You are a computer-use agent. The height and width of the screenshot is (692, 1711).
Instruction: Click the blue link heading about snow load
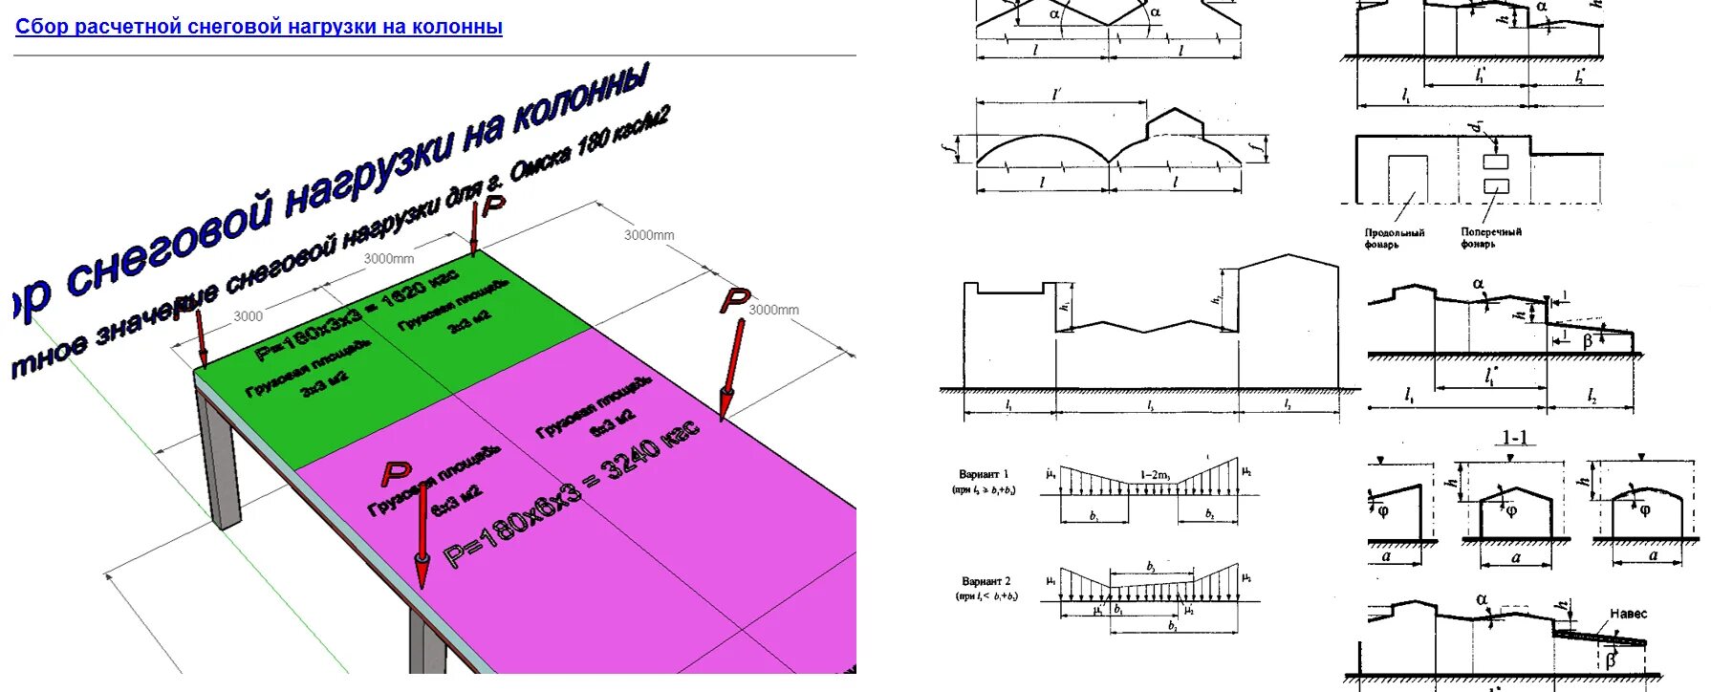click(258, 27)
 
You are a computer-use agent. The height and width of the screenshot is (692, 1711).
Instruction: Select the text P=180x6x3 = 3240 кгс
click(572, 497)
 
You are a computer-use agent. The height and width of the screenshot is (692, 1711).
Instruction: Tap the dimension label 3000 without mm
click(248, 316)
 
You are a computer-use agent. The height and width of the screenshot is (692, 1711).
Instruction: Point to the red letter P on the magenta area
click(395, 473)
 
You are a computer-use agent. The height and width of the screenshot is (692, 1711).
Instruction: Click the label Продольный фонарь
click(1395, 238)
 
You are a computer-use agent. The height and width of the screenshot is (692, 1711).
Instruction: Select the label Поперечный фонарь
click(1490, 237)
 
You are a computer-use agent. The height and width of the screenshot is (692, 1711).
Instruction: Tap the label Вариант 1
click(985, 474)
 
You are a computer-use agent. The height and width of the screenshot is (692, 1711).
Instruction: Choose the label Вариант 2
click(985, 581)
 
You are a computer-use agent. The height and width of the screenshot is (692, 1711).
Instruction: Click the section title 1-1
click(1515, 438)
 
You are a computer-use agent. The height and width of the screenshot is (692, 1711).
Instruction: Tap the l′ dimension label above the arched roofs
click(1056, 95)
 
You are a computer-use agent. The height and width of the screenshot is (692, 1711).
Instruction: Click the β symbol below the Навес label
click(1611, 660)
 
